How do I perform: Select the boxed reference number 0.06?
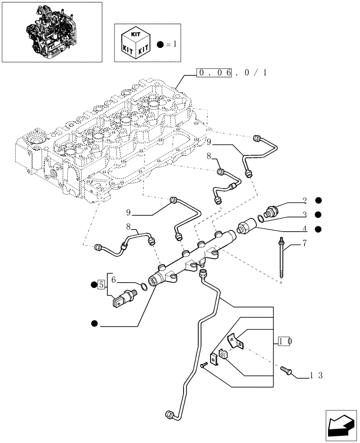pos(215,73)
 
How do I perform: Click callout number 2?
pos(305,201)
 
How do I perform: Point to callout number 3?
pos(305,215)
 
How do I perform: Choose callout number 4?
pos(305,229)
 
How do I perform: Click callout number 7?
pos(305,243)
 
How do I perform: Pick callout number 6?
pos(113,280)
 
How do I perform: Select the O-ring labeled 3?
pos(262,217)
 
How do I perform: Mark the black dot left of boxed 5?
pos(94,284)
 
